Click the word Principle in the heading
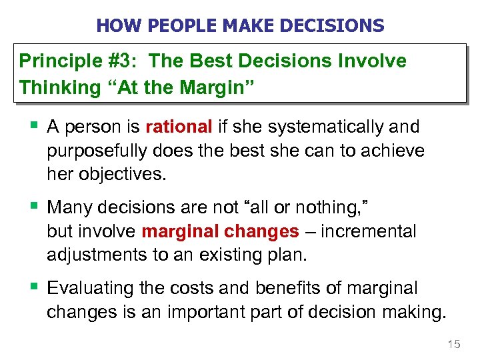click(x=56, y=61)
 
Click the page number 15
click(x=453, y=344)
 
